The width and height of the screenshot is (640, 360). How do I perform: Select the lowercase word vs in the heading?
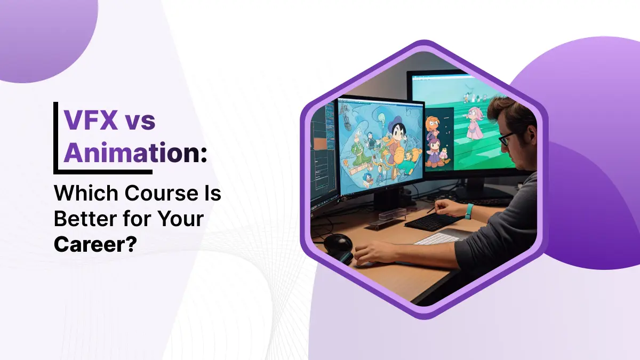click(140, 121)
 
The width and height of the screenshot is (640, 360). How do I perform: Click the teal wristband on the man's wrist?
click(469, 211)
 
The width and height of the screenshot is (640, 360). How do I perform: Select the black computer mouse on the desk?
click(338, 245)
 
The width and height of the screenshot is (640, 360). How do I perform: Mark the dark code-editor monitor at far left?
click(323, 155)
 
